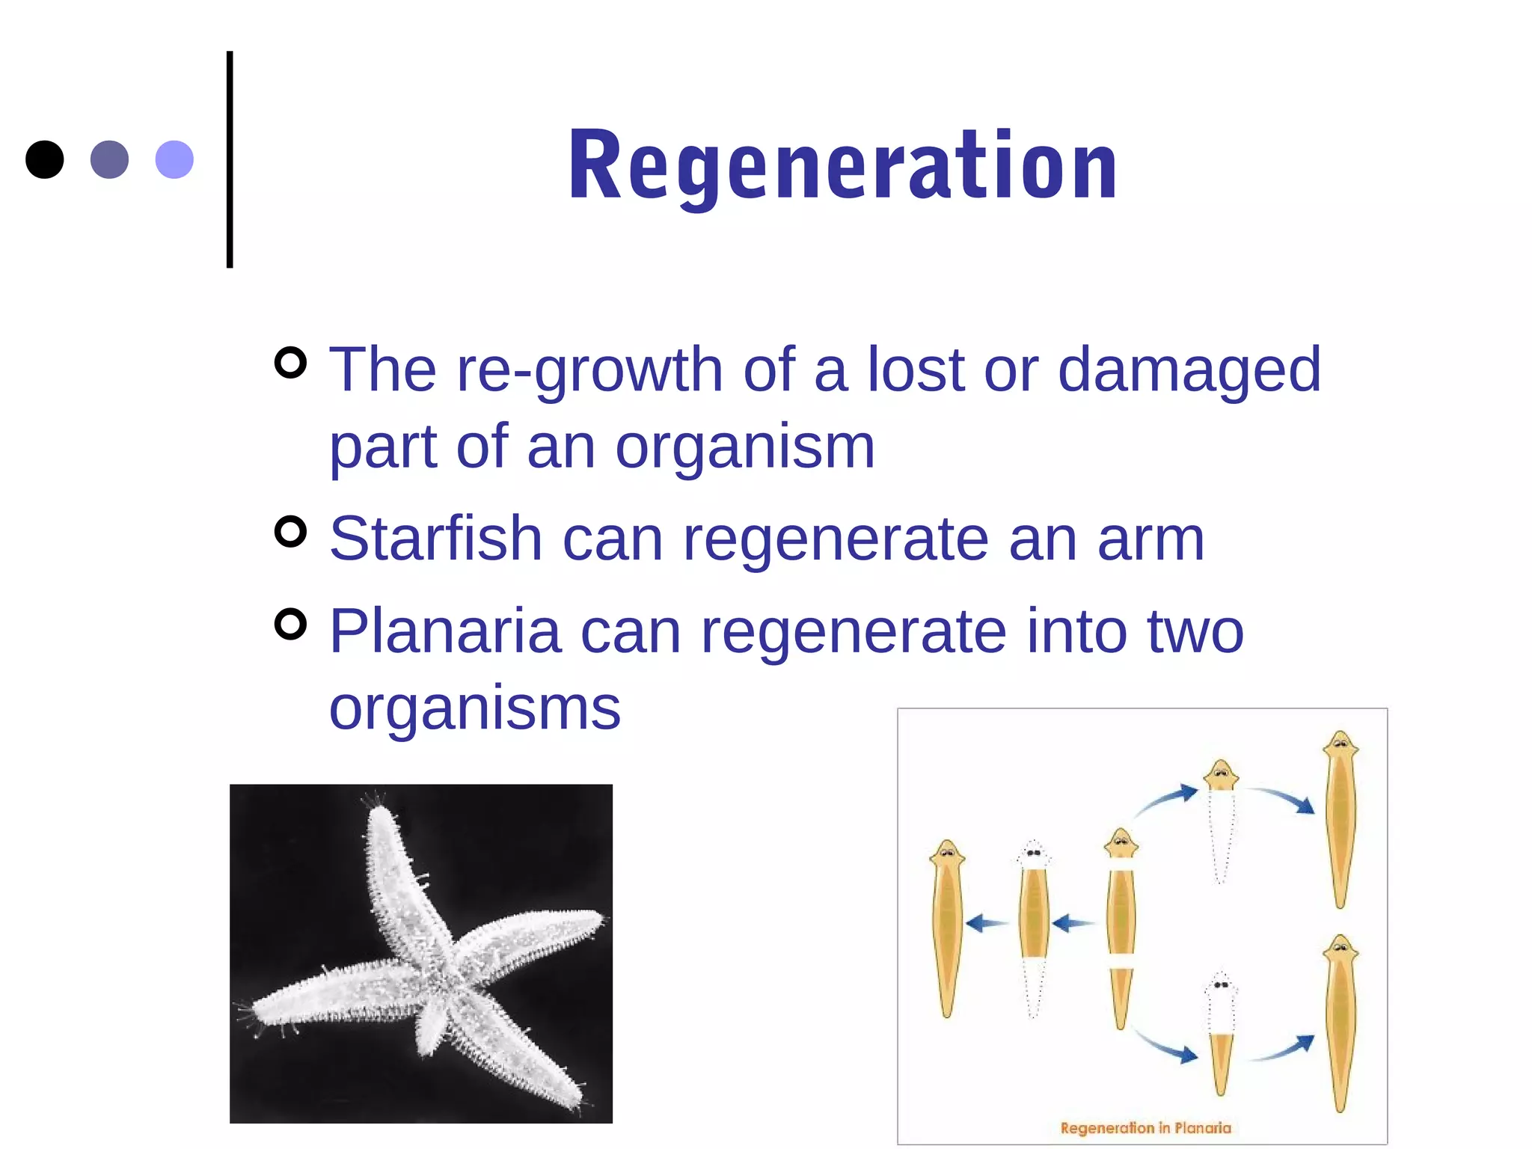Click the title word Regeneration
842,166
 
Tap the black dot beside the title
45,159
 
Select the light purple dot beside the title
174,159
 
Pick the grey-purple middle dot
109,159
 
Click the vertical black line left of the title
230,159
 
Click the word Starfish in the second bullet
435,539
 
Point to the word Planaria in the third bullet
445,631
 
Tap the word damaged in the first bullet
1189,371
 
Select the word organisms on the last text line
475,708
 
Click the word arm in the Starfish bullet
1150,540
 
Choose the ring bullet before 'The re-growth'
291,363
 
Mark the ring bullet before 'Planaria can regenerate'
291,625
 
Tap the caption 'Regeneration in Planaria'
1145,1128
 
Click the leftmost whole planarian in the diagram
947,928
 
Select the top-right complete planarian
1340,819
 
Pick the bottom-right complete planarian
1340,1023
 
